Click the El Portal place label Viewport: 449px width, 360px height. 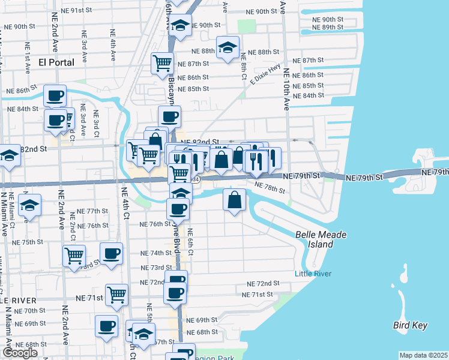click(x=56, y=62)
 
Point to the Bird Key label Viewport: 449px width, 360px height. click(x=410, y=325)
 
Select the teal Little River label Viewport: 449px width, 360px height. click(x=312, y=274)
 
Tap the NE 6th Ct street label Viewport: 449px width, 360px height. click(x=190, y=242)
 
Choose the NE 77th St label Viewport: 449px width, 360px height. click(x=92, y=212)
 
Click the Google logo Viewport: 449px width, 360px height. click(x=20, y=353)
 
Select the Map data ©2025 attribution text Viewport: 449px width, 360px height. click(x=423, y=355)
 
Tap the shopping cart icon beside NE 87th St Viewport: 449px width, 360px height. click(x=162, y=62)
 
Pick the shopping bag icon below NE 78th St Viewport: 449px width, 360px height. click(x=235, y=199)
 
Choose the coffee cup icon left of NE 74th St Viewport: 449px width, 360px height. click(x=111, y=253)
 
